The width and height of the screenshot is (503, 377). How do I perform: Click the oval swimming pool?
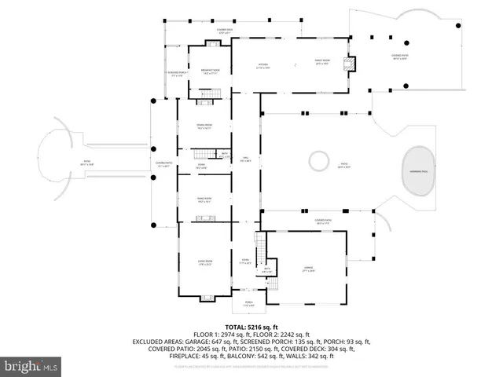click(x=416, y=170)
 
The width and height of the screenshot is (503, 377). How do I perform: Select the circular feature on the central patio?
click(x=319, y=162)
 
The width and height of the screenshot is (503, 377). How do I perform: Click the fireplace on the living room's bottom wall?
click(x=206, y=297)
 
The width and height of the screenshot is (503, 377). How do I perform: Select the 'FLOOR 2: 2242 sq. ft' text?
click(x=281, y=335)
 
